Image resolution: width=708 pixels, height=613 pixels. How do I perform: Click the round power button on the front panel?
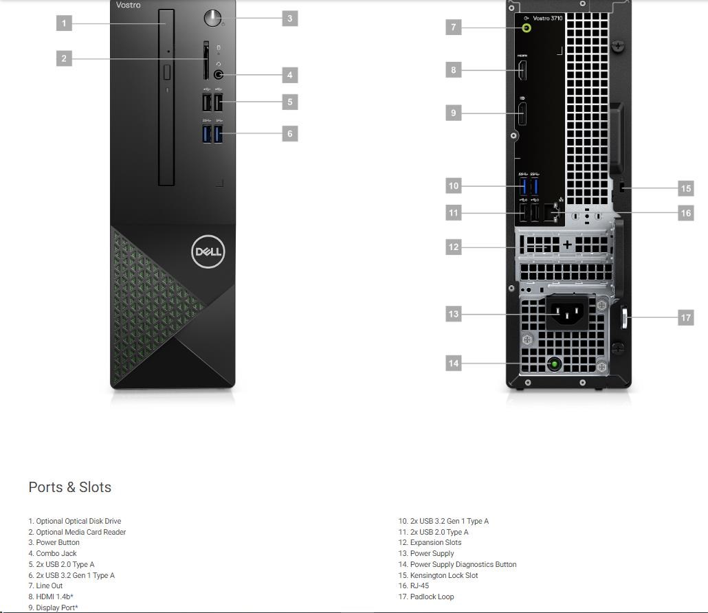[212, 18]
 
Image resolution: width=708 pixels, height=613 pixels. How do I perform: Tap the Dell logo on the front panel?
[208, 252]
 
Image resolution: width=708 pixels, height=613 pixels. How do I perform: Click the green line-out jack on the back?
[527, 28]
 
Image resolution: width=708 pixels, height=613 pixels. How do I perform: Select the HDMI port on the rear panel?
[522, 70]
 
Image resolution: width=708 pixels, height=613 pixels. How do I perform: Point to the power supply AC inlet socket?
[567, 312]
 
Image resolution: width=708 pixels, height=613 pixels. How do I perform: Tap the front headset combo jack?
[218, 74]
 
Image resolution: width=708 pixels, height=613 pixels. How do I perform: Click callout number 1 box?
[64, 23]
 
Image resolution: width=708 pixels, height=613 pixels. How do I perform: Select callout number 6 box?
[290, 133]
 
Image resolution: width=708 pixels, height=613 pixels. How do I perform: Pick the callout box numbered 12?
[454, 247]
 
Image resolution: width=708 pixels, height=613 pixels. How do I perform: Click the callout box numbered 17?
[686, 317]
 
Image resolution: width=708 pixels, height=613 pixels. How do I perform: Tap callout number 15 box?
[686, 188]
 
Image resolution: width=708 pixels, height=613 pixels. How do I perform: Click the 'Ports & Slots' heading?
[70, 487]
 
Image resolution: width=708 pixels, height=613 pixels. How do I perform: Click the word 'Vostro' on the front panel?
[129, 5]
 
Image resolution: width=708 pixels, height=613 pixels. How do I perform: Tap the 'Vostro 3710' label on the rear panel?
[548, 18]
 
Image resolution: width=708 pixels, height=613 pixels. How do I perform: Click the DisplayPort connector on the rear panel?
[522, 114]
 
